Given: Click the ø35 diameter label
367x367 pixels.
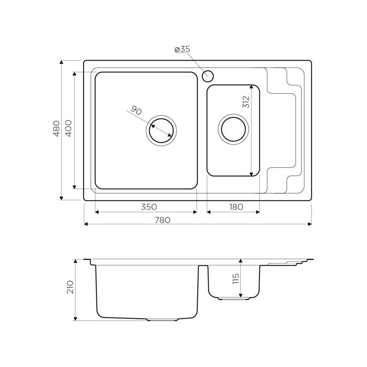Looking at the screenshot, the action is point(182,49).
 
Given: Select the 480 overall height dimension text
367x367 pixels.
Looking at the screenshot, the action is point(56,128).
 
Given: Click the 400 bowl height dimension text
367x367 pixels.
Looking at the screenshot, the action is point(68,128).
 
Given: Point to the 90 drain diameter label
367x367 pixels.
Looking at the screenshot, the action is point(136,110).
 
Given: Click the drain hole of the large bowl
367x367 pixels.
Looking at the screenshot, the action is point(161,130).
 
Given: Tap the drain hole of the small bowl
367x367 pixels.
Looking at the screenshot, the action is point(234,129).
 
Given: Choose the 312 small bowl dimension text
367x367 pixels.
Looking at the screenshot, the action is point(246,102).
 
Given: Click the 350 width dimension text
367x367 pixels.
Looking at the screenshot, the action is point(149,207).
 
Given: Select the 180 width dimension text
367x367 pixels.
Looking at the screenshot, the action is point(236,207).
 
